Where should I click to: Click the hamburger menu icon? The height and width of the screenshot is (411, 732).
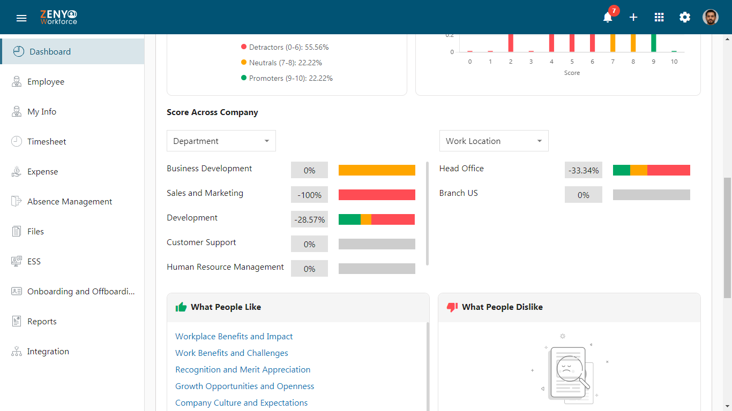[x=21, y=18]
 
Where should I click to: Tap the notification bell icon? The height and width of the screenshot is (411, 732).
[x=608, y=17]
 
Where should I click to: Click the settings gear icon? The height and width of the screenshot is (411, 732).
[x=685, y=17]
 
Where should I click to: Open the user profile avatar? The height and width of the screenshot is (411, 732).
[x=711, y=17]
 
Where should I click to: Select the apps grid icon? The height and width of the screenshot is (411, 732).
[x=659, y=17]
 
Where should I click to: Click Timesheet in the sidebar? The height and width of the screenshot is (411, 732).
[x=47, y=141]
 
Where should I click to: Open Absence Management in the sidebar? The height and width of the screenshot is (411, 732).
[x=70, y=201]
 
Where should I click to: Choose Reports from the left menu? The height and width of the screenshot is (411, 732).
[x=42, y=321]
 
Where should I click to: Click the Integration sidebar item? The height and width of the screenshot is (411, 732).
[x=48, y=351]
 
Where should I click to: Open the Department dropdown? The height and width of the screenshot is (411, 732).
[x=221, y=141]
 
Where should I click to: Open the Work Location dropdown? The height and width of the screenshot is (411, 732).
[x=494, y=141]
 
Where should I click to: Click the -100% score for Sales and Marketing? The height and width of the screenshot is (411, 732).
[x=309, y=195]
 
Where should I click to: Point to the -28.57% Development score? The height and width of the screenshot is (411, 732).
[x=309, y=219]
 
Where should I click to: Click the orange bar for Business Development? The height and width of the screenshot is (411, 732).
[x=377, y=170]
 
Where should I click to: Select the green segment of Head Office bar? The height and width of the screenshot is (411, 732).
[x=622, y=170]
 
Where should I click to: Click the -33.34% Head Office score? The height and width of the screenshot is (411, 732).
[x=584, y=170]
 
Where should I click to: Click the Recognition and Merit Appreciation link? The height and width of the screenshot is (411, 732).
[x=243, y=370]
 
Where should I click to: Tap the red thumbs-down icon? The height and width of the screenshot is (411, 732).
[x=452, y=307]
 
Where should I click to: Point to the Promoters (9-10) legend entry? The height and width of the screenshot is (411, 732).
[x=287, y=78]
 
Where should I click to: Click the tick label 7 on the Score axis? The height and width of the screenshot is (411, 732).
[x=613, y=62]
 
